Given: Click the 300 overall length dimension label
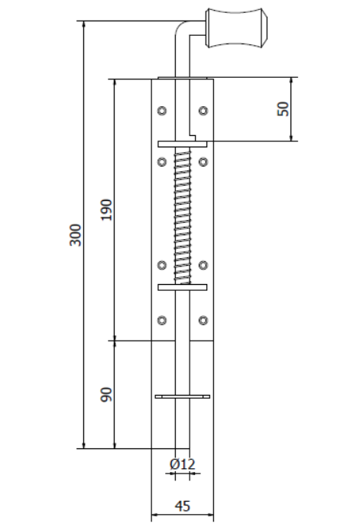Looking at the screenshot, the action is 76,234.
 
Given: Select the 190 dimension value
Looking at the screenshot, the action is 106,209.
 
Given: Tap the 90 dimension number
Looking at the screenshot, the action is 106,395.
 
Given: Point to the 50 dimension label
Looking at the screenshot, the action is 283,108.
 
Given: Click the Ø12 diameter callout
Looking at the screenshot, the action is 183,464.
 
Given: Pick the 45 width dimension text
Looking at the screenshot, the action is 183,506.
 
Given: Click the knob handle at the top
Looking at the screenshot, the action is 236,27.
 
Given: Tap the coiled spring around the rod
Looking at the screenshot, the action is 183,217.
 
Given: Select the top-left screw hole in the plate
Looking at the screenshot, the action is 162,111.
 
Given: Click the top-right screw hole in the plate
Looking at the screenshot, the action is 203,111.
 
